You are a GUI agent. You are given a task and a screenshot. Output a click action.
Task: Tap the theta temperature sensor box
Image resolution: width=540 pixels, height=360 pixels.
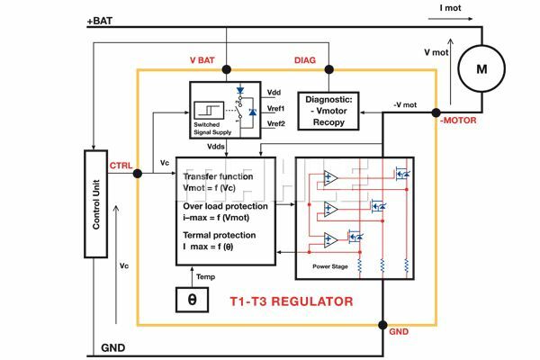pos(191,298)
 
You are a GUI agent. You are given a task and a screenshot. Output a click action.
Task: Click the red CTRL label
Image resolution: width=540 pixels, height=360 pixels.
pos(121,166)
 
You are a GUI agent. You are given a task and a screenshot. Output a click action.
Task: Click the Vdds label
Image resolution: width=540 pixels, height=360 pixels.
pos(217,146)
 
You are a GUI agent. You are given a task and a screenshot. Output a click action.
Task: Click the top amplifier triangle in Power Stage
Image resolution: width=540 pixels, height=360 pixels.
pos(330,178)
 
